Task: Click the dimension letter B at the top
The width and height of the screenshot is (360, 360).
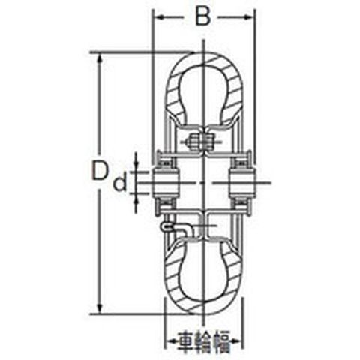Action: click(202, 17)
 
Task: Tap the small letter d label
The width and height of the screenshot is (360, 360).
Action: click(120, 182)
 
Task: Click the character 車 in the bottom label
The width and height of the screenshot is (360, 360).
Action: click(187, 341)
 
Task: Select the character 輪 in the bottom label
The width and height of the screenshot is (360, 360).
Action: click(204, 341)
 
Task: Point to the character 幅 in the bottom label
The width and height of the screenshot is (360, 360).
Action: click(222, 341)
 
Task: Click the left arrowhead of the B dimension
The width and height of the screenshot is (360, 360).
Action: click(158, 17)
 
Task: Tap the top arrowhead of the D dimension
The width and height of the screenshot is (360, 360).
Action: click(100, 58)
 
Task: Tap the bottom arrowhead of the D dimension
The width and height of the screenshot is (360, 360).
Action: click(100, 307)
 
